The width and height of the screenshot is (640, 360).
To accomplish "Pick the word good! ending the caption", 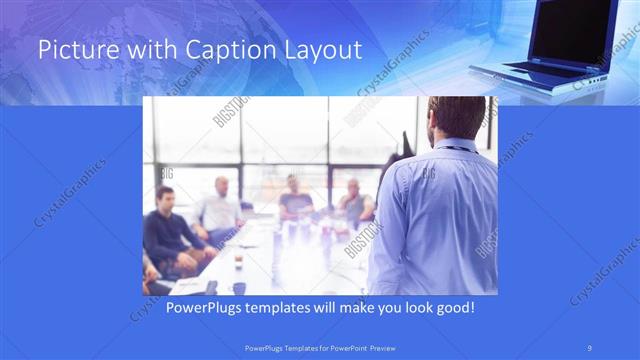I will (x=454, y=307).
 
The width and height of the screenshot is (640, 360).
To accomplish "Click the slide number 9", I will (x=591, y=347).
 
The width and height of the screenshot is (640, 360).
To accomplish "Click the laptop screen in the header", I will (x=574, y=30).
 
